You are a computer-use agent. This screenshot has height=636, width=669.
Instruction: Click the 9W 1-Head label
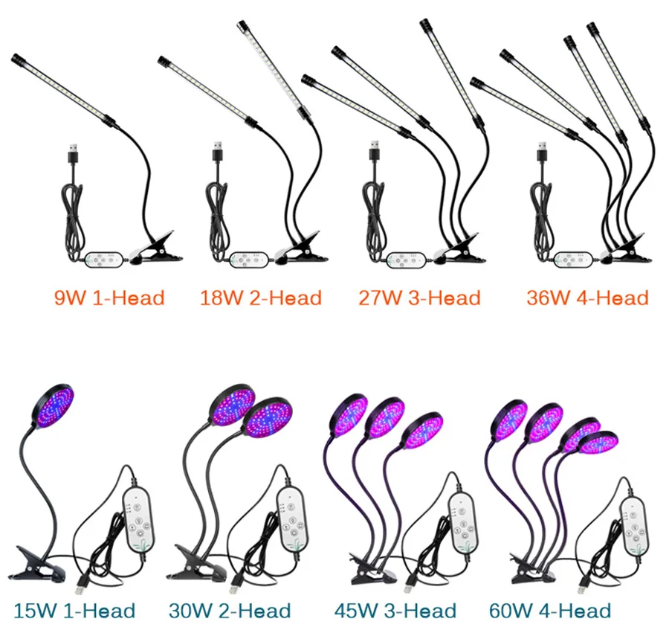coord(109,298)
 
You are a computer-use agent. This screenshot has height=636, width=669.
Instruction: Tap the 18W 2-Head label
coord(261,298)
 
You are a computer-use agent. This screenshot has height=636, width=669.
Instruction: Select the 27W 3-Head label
coord(419,298)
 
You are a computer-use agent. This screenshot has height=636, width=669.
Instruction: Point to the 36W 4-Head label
coord(587,298)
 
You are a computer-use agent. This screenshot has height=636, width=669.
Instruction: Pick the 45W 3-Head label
coord(395,611)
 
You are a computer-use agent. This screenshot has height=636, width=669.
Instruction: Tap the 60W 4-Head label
coord(550,611)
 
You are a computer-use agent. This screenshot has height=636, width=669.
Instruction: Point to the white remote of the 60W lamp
coord(634,521)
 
